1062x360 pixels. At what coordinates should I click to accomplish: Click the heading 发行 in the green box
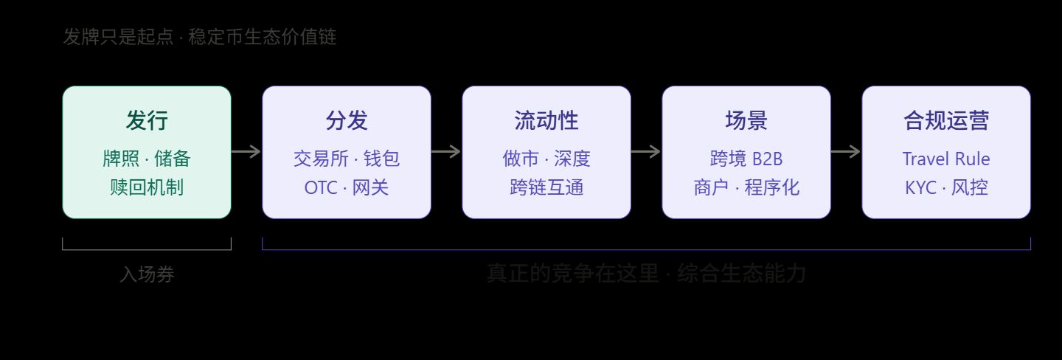(x=147, y=121)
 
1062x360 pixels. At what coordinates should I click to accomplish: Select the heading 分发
(x=347, y=121)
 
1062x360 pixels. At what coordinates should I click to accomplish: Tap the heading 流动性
(x=546, y=121)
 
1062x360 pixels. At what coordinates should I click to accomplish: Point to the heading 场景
(x=746, y=121)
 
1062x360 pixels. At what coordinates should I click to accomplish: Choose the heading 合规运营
(x=946, y=121)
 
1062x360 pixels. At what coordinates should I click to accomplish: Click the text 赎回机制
(x=147, y=187)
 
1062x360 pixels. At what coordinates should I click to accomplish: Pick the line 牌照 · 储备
(x=147, y=159)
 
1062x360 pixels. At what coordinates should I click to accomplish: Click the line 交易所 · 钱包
(x=347, y=159)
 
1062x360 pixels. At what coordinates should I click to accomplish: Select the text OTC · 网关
(x=347, y=187)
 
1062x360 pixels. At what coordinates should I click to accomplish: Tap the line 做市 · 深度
(x=546, y=159)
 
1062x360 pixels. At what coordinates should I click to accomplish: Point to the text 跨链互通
(x=546, y=187)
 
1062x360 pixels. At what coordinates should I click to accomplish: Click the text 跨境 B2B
(x=746, y=159)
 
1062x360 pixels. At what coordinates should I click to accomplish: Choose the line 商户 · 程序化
(x=746, y=187)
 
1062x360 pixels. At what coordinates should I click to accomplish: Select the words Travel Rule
(x=946, y=159)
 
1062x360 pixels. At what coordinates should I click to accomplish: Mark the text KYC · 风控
(x=946, y=187)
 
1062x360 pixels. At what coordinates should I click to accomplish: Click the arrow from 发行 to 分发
(x=246, y=152)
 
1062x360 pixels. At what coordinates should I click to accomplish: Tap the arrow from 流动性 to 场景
(x=646, y=152)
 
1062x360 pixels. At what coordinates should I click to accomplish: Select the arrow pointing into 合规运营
(x=846, y=152)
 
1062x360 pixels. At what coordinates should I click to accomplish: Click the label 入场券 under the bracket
(x=147, y=275)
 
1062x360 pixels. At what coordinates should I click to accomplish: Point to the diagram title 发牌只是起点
(x=118, y=37)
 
